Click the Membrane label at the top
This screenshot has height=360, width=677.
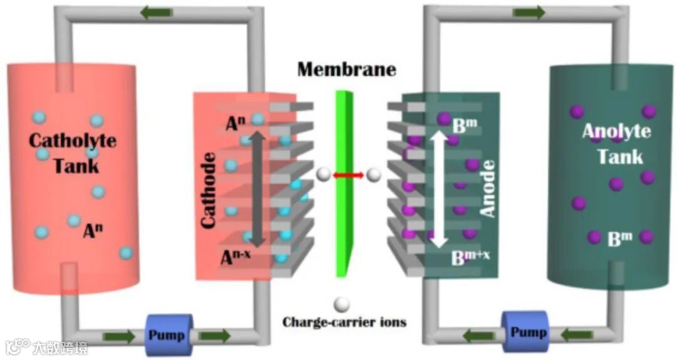coord(347,69)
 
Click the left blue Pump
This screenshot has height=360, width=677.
coord(167,333)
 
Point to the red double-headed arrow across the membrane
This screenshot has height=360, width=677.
coord(349,176)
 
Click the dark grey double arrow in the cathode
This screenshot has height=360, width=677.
coord(256,188)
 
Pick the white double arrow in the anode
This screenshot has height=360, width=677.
coord(439,188)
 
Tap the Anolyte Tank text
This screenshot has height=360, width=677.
coord(617,144)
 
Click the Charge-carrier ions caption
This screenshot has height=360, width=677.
coord(344,322)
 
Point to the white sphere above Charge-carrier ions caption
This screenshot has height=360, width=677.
coord(342,304)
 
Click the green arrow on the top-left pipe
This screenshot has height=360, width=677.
coord(155,13)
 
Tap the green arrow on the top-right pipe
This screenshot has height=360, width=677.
coord(528,13)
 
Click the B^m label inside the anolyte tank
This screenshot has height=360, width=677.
coord(620,239)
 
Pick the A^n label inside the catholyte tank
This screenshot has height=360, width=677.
coord(93,232)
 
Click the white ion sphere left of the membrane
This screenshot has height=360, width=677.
coord(323,175)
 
